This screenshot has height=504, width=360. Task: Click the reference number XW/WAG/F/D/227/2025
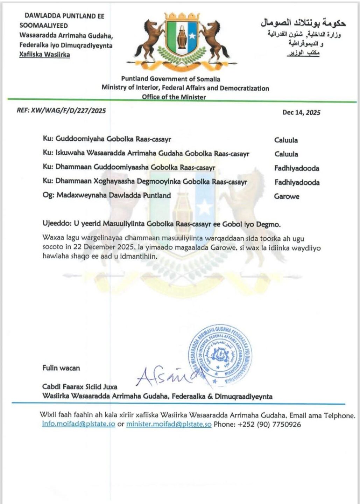[68, 111]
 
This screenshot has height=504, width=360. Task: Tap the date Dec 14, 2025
[301, 112]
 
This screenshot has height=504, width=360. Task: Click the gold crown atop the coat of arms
[182, 16]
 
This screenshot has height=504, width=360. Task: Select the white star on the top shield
[192, 35]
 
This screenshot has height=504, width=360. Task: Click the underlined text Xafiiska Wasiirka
[44, 55]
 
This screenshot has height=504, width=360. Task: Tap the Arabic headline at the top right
[303, 23]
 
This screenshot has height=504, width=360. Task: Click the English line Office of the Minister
[174, 97]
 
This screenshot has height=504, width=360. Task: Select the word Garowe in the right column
[287, 196]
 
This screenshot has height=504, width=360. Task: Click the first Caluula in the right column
[286, 140]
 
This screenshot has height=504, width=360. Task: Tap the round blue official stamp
[220, 356]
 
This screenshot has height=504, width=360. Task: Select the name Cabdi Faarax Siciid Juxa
[80, 387]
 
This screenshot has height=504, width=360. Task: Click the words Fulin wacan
[61, 368]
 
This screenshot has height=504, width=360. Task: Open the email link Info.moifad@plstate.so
[78, 424]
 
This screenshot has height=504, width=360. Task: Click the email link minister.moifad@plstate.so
[169, 424]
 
